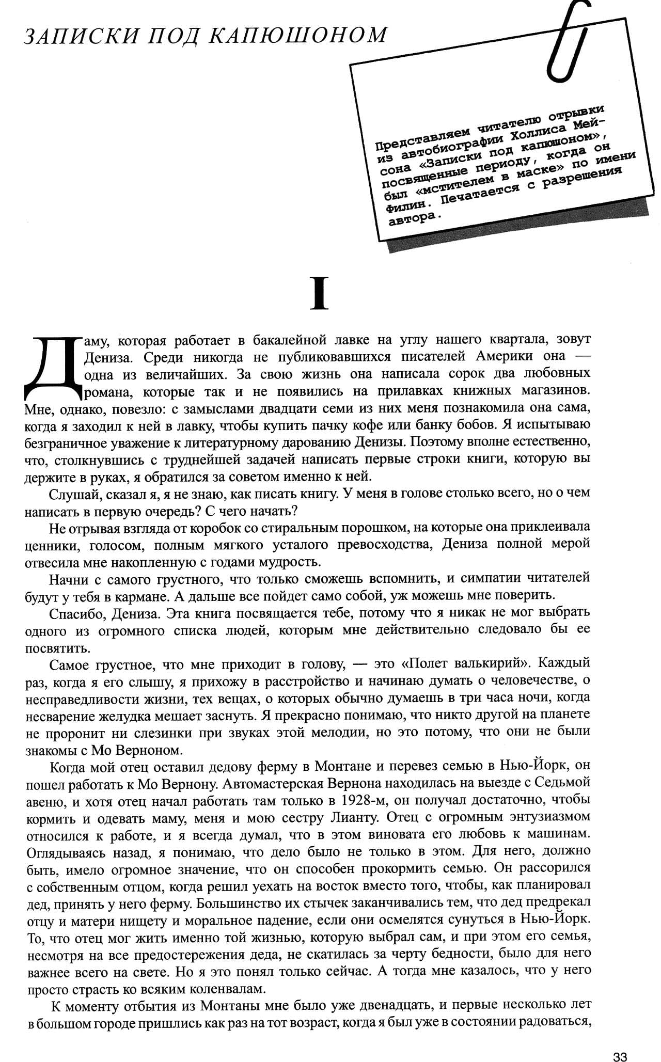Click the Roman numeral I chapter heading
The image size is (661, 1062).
click(x=320, y=293)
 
